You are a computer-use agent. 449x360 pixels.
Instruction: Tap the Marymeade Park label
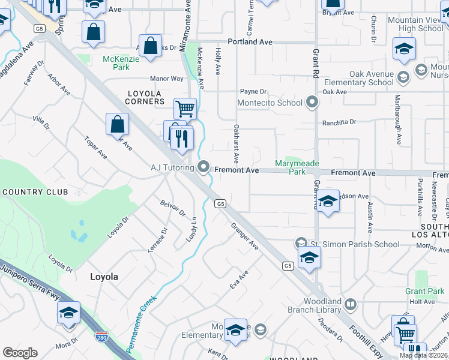pos(297,167)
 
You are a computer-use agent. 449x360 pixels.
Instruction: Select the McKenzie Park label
pos(116,63)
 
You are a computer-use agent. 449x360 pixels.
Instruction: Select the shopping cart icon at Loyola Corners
pos(185,109)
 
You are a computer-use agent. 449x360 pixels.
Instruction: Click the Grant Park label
pos(424,291)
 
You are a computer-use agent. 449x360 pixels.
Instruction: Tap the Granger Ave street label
pos(245,236)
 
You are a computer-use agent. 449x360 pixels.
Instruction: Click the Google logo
pos(20,352)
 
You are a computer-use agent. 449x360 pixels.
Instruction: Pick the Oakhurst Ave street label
pos(237,144)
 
